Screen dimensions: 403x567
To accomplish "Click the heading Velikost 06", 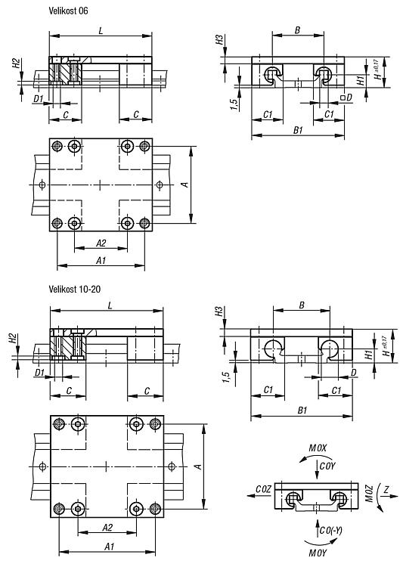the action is (x=68, y=11).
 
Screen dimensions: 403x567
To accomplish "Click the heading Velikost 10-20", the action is (x=75, y=289).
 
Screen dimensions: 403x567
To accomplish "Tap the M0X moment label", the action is (x=318, y=448).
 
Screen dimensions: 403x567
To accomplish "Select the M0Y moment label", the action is (x=318, y=553).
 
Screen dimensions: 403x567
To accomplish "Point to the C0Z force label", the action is (x=263, y=489).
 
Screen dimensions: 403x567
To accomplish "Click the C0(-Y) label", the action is (x=331, y=531).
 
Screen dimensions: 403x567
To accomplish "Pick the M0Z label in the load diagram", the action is (x=369, y=493).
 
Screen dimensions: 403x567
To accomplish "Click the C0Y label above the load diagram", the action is (x=327, y=466).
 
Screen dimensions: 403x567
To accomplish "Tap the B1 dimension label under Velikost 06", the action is (x=298, y=130).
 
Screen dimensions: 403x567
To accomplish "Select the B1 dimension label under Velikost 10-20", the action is (x=302, y=411).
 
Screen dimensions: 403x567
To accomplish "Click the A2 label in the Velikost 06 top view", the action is (x=101, y=243).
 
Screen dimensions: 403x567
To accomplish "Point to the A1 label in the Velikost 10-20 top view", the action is (x=109, y=547).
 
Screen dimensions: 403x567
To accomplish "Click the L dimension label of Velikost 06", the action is (x=101, y=31).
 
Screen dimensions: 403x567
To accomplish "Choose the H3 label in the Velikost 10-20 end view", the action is (x=219, y=311).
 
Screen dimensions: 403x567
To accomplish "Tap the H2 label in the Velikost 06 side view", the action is (x=17, y=64).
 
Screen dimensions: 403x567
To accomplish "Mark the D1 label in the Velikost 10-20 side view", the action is (x=39, y=372).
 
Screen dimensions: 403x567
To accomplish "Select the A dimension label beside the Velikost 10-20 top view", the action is (x=199, y=467).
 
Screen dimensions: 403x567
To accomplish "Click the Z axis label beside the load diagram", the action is (x=386, y=490).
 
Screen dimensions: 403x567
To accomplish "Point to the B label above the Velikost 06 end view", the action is (x=297, y=30).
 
